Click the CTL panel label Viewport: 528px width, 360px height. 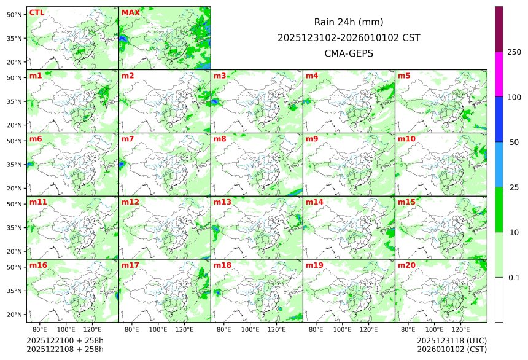[36, 12]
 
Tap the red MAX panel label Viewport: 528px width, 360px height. [130, 12]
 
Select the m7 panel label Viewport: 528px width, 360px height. [128, 139]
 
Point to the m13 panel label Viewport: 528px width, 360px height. [222, 202]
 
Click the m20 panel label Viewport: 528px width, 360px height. [406, 265]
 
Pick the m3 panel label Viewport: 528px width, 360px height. [220, 76]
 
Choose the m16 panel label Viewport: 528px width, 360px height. [38, 265]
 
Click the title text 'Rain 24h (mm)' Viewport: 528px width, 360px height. [349, 22]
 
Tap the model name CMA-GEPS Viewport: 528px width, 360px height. [349, 53]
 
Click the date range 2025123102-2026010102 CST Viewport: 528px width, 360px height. [349, 37]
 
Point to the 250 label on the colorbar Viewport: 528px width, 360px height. [514, 52]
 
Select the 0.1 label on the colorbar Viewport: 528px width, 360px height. [514, 277]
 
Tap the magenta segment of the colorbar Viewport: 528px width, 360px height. [499, 74]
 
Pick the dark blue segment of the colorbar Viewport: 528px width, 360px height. [499, 119]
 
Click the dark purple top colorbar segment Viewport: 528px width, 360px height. [499, 29]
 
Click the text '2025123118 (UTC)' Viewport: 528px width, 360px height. [451, 340]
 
